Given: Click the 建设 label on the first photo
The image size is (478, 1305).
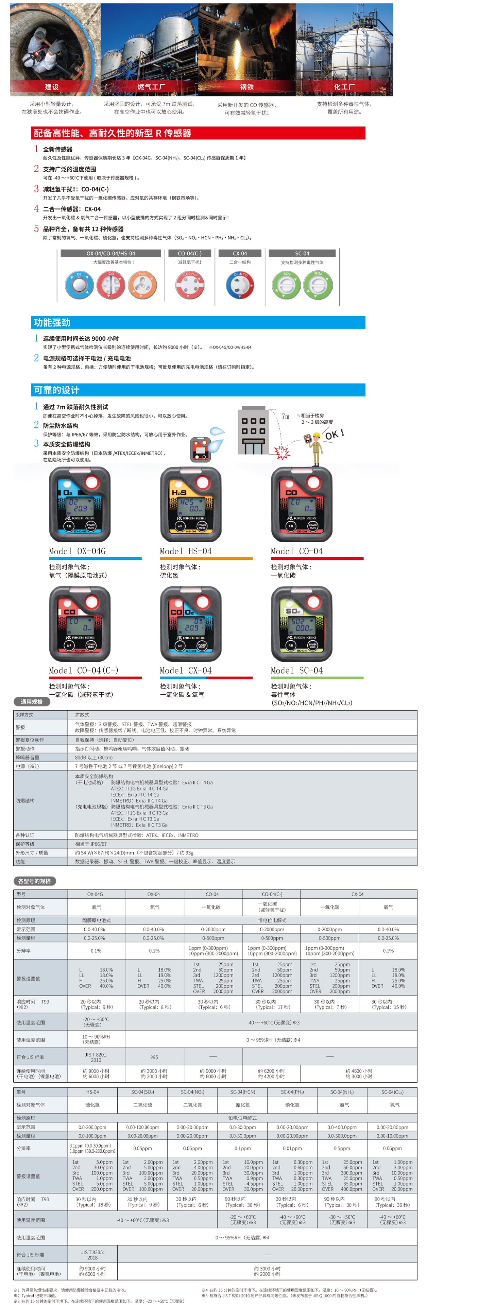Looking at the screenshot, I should [x=52, y=87].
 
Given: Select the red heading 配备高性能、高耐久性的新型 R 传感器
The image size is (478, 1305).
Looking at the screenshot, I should [x=113, y=133].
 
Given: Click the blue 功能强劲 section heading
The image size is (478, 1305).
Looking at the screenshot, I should [x=52, y=323].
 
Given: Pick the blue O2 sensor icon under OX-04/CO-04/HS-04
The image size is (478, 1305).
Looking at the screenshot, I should [x=80, y=284].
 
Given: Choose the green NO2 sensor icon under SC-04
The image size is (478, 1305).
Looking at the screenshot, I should [x=318, y=285].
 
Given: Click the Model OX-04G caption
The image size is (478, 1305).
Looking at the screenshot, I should [x=78, y=551].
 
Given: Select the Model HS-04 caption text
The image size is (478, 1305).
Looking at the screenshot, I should [x=186, y=551].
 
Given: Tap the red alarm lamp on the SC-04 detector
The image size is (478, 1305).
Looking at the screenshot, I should [x=314, y=602].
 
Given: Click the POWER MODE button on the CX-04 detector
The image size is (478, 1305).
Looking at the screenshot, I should [x=202, y=646].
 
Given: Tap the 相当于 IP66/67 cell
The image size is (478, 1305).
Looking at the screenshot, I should [x=91, y=844].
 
